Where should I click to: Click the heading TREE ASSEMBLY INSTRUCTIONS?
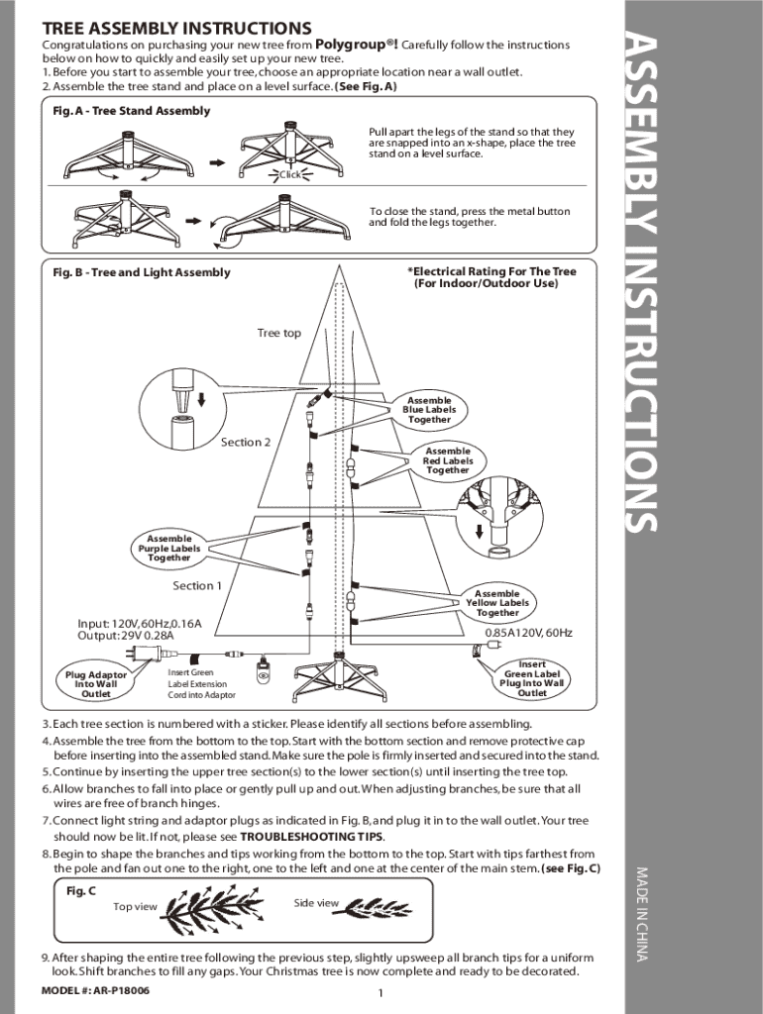176,28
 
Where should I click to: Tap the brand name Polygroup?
355,45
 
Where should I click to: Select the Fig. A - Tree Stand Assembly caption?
131,111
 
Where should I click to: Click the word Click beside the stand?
289,175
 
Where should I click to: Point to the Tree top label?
278,333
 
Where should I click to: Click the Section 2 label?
245,442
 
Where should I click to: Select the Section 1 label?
196,585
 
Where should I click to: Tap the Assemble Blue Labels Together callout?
428,410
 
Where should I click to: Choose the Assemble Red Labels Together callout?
448,460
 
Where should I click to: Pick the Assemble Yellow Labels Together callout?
497,603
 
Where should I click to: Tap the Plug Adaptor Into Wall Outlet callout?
96,684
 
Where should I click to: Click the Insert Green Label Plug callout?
532,678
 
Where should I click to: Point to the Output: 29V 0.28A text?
125,636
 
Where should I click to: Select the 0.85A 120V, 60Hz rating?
528,633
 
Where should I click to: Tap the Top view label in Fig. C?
135,906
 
